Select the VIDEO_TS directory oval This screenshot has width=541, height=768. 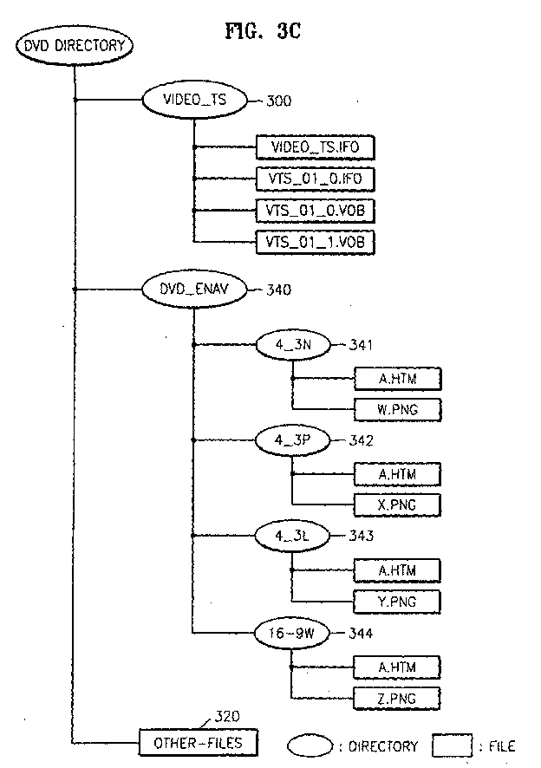(x=194, y=100)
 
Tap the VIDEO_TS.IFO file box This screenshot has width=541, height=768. (x=316, y=147)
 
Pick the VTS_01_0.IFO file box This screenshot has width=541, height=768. (x=316, y=179)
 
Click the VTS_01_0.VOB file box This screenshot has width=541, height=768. (x=316, y=211)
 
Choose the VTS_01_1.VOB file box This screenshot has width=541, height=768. (x=316, y=242)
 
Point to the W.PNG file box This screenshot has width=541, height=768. (x=397, y=408)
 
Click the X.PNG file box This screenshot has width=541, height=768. (x=397, y=504)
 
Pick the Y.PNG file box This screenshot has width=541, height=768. (x=397, y=600)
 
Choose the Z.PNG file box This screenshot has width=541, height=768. (x=397, y=697)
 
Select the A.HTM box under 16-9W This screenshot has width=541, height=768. (x=397, y=666)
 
